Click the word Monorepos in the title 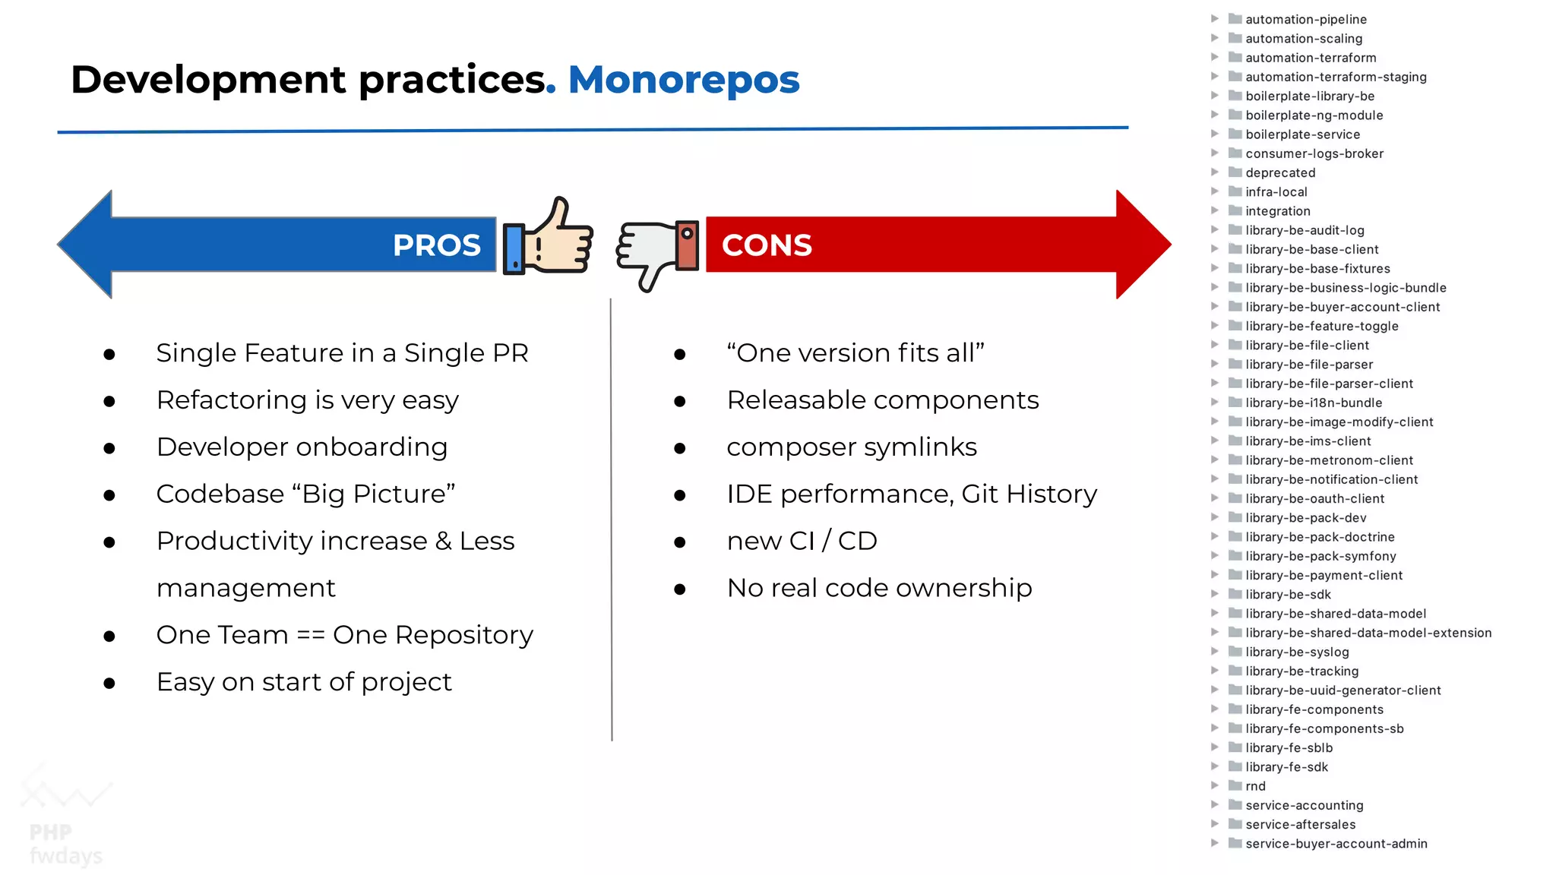tap(684, 80)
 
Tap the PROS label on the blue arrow tap(436, 245)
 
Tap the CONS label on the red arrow tap(767, 245)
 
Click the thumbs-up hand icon tap(549, 237)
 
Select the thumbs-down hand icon tap(657, 252)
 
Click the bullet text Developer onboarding tap(302, 447)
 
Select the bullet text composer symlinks tap(851, 447)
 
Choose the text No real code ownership tap(879, 588)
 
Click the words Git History tap(1029, 494)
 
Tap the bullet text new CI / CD tap(802, 541)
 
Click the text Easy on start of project tap(304, 682)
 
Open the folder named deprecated tap(1279, 173)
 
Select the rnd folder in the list tap(1255, 786)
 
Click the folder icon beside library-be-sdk tap(1235, 594)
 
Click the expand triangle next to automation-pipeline tap(1214, 19)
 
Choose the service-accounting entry tap(1304, 805)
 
